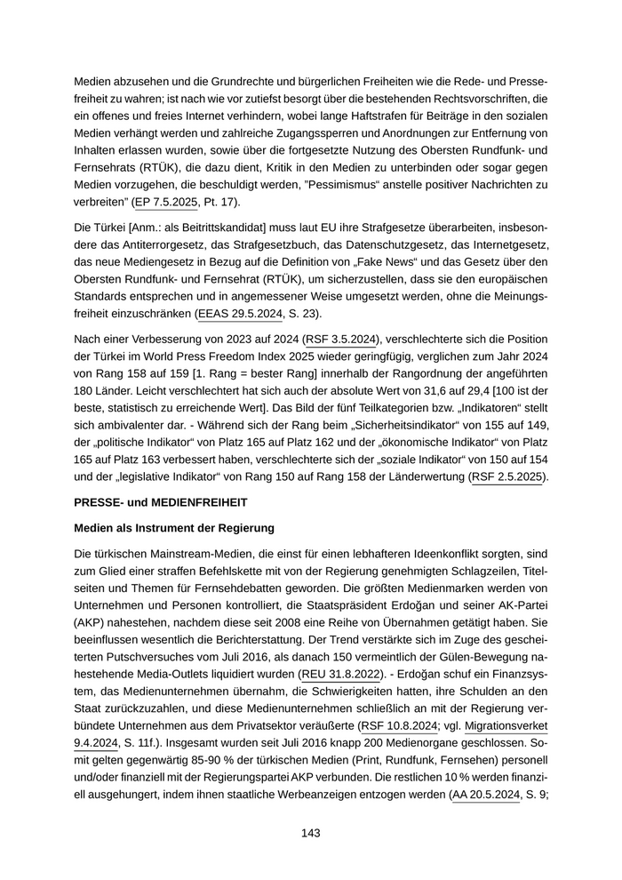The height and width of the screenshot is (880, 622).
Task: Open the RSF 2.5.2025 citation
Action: (507, 477)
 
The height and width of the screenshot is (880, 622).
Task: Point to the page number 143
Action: (310, 833)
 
